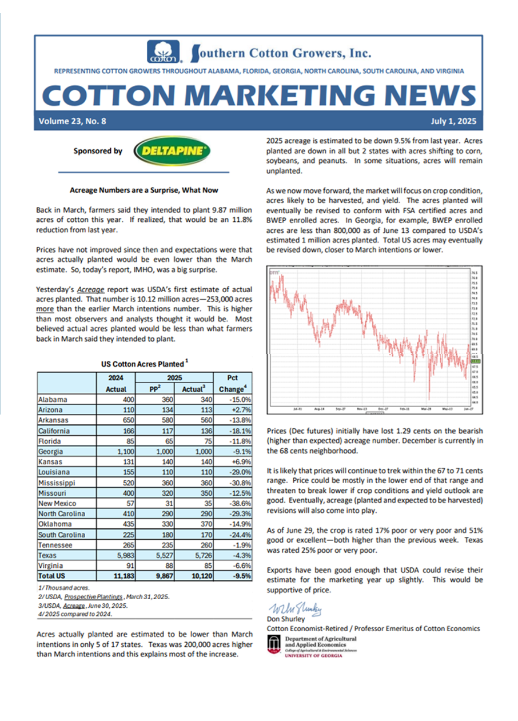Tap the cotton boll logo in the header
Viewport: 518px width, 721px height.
tap(164, 52)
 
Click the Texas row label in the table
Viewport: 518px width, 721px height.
tap(47, 555)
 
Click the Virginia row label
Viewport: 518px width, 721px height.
tap(50, 565)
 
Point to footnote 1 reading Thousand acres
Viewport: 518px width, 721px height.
tap(60, 587)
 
